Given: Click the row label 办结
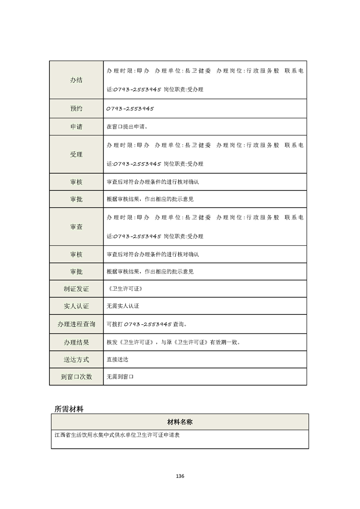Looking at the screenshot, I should click(76, 80).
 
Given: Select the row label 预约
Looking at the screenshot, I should click(76, 109).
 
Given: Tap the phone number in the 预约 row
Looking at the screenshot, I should click(130, 109).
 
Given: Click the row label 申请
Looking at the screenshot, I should click(76, 127).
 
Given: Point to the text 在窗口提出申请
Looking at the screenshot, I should click(127, 127).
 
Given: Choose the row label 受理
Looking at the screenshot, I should click(76, 154).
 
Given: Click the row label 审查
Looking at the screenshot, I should click(76, 227).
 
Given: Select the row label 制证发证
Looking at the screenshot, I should click(76, 289).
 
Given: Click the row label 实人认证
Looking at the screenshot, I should click(76, 306).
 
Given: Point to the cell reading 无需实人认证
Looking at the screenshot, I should click(123, 306).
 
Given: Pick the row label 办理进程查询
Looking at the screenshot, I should click(76, 324).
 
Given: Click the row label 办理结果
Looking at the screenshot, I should click(76, 342).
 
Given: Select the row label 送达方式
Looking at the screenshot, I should click(76, 359).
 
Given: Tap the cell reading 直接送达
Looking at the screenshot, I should click(117, 359).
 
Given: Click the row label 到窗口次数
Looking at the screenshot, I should click(76, 377).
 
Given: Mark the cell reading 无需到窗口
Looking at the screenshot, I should click(120, 377).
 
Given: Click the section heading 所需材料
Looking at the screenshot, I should click(69, 408).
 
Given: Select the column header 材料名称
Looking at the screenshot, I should click(180, 422).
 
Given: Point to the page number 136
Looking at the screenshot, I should click(180, 476).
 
